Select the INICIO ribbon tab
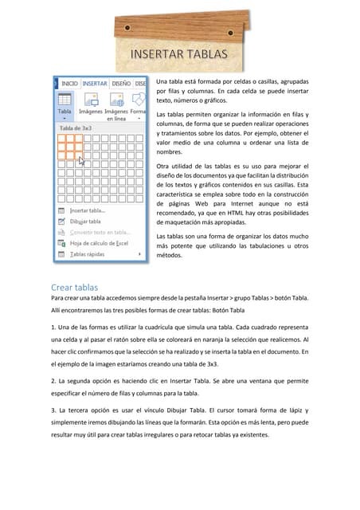(x=69, y=82)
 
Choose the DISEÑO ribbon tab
(x=121, y=82)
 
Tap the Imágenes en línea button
(x=117, y=104)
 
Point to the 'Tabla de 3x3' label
(x=76, y=127)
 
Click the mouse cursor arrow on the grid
(x=82, y=162)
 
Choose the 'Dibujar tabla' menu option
(x=85, y=222)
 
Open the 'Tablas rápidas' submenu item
(x=87, y=254)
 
